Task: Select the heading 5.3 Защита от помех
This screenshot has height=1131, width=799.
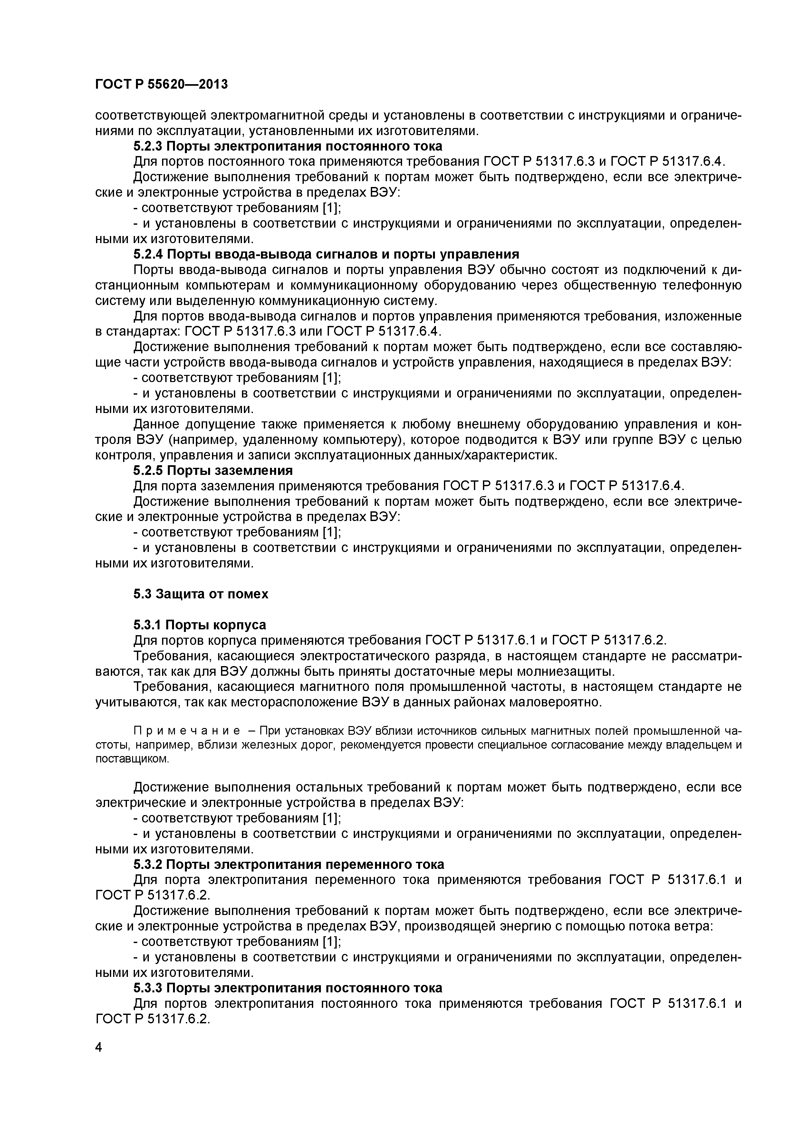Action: (x=201, y=594)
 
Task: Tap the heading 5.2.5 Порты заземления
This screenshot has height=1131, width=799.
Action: (x=213, y=470)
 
